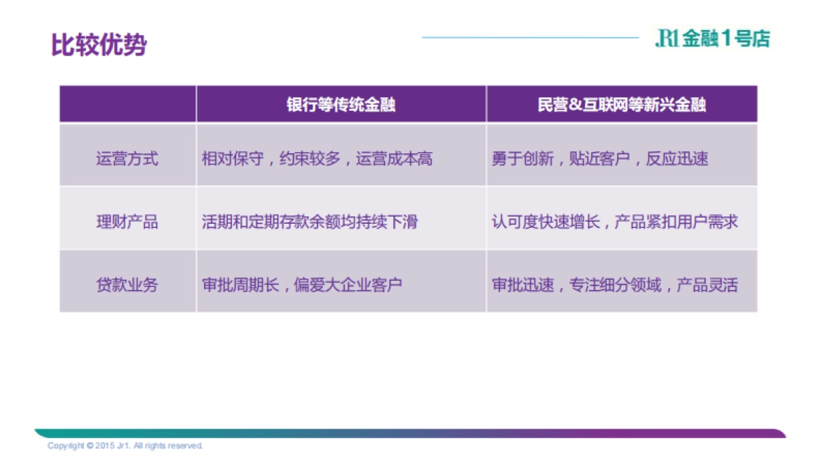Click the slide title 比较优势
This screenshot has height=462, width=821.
(x=99, y=45)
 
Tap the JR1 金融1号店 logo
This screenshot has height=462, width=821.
(x=712, y=39)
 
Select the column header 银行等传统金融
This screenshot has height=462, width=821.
(x=341, y=105)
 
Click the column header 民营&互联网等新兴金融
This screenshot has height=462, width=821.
(x=621, y=105)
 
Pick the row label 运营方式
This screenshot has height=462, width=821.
(x=127, y=159)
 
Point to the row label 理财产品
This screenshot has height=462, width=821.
(x=127, y=222)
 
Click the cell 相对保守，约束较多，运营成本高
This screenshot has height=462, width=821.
(x=317, y=159)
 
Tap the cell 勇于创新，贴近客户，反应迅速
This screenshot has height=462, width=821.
(x=600, y=159)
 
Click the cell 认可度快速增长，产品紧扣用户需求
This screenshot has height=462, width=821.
(x=614, y=222)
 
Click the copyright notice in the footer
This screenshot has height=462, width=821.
(x=125, y=446)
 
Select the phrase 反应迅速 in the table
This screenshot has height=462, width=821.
(x=677, y=159)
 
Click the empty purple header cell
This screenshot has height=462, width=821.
(x=127, y=105)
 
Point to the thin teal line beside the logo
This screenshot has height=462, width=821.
(x=530, y=38)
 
